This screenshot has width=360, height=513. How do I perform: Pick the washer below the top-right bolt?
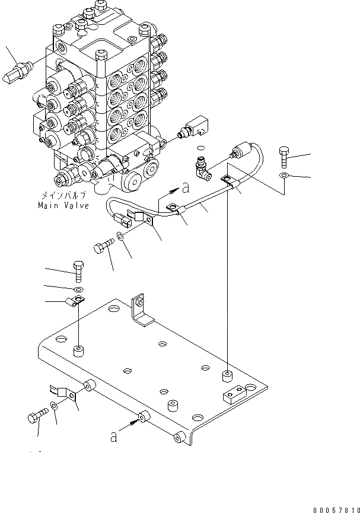click(285, 177)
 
